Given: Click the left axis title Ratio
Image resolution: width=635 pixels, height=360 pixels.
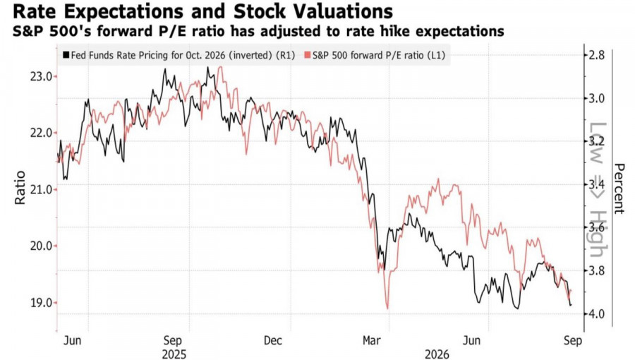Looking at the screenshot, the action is [x=20, y=188].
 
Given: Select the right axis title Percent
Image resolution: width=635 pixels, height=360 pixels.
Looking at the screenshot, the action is [x=618, y=188].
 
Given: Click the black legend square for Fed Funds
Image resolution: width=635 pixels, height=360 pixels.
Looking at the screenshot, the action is [x=66, y=55].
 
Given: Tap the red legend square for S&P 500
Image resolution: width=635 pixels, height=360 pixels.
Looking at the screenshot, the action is [x=308, y=55].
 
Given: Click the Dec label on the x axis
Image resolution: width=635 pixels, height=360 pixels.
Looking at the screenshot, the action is [x=272, y=340].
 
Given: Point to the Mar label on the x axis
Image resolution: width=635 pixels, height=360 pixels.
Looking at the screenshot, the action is [x=371, y=340].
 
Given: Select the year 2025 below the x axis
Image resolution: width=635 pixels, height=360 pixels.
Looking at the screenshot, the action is [x=174, y=354].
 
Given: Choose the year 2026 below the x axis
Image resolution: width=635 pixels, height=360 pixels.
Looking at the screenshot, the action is [x=437, y=354].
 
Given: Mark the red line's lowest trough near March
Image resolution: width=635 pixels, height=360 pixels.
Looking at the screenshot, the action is [x=387, y=308].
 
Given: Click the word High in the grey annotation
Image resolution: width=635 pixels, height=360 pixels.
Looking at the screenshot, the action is [x=598, y=234].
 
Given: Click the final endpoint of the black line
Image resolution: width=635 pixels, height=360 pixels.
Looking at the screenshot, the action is [x=571, y=305].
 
